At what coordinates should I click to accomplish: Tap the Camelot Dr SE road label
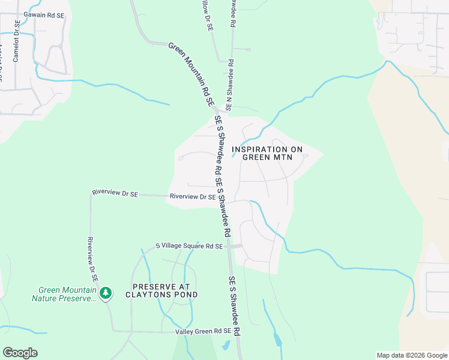pyautogui.click(x=17, y=44)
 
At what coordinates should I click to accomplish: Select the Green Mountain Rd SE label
pyautogui.click(x=191, y=74)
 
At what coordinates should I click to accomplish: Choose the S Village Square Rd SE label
pyautogui.click(x=189, y=246)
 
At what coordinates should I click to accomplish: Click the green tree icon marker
pyautogui.click(x=106, y=293)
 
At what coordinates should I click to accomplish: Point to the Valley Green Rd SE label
pyautogui.click(x=203, y=331)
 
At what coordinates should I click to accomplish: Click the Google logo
pyautogui.click(x=20, y=353)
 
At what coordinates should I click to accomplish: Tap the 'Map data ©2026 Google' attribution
pyautogui.click(x=411, y=355)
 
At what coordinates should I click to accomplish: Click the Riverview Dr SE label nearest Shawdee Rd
pyautogui.click(x=193, y=196)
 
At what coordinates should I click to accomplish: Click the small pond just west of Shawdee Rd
pyautogui.click(x=225, y=345)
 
